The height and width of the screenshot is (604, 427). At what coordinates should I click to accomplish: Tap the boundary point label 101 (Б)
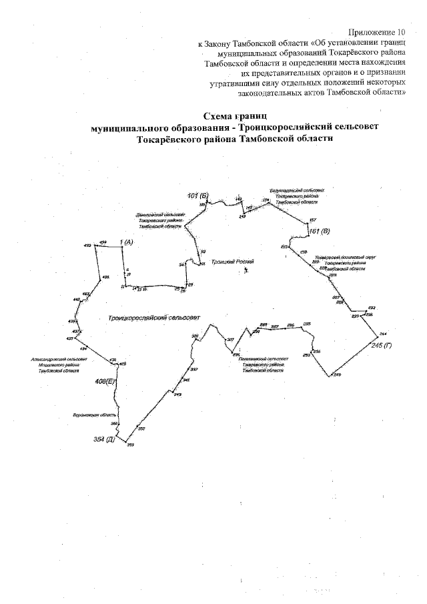pyautogui.click(x=198, y=195)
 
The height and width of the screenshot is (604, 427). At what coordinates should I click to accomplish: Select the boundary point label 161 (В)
pyautogui.click(x=319, y=231)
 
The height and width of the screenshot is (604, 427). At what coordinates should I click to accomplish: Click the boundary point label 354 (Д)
pyautogui.click(x=105, y=440)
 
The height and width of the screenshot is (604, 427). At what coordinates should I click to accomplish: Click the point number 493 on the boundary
pyautogui.click(x=87, y=246)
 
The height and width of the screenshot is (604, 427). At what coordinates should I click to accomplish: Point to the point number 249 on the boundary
pyautogui.click(x=337, y=374)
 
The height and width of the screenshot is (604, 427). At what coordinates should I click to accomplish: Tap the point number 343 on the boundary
pyautogui.click(x=178, y=394)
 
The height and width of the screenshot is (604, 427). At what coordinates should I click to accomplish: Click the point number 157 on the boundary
pyautogui.click(x=313, y=220)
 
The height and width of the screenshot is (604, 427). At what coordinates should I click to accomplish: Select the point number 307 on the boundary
pyautogui.click(x=231, y=340)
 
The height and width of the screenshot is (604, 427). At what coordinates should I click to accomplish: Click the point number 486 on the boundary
pyautogui.click(x=105, y=277)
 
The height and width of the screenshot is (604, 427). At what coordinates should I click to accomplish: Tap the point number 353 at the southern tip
pyautogui.click(x=131, y=444)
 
